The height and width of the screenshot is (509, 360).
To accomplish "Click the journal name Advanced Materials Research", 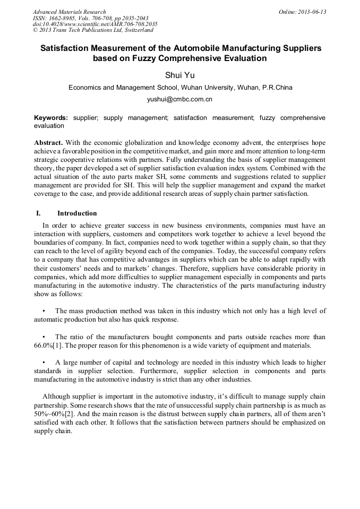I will pos(69,12).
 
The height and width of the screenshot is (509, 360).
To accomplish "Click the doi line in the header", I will pos(95,24).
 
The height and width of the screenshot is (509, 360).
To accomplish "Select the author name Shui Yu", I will pos(181,75).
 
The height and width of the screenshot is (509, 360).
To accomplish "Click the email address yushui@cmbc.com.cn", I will pos(180,99).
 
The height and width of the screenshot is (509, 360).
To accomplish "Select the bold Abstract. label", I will pos(48,143).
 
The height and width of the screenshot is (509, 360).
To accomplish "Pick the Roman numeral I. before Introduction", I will pos(38,213).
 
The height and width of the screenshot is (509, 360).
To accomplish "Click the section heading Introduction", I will pos(77,213).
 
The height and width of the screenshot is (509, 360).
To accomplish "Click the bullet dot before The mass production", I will pos(43,310).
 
